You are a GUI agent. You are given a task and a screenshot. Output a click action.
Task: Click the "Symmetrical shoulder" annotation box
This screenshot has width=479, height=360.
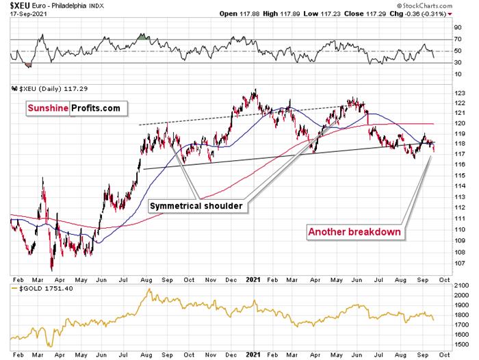(x=197, y=205)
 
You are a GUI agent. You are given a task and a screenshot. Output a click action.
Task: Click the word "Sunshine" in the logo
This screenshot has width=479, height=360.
(x=49, y=107)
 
